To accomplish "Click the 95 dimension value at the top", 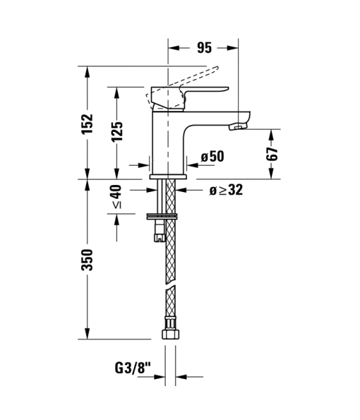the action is click(x=205, y=48).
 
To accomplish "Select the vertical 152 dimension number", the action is click(x=88, y=124).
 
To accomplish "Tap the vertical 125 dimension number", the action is click(x=116, y=132).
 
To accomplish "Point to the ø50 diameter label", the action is click(x=212, y=157).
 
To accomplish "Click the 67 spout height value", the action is click(x=272, y=154).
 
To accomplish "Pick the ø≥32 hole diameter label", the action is click(x=226, y=190).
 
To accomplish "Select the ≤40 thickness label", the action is click(x=116, y=196).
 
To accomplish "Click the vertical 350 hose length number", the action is click(x=88, y=260).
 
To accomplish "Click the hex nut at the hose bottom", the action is click(x=171, y=335).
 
